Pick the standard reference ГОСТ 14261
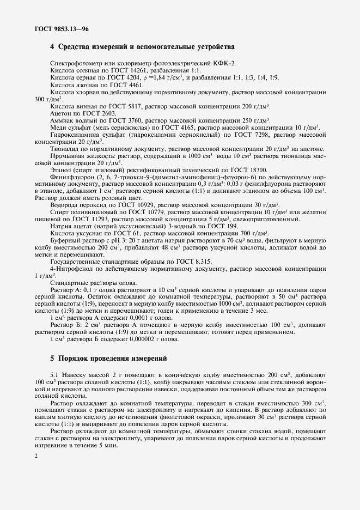tap(127, 71)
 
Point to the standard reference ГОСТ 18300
tap(250, 170)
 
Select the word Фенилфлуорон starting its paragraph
tap(71, 177)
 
